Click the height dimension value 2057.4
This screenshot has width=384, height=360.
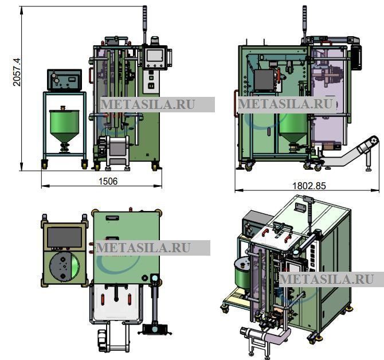[x=17, y=72]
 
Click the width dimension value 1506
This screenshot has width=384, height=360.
[x=108, y=181]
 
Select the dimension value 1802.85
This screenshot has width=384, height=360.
[x=309, y=186]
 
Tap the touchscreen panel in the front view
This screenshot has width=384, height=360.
[x=155, y=57]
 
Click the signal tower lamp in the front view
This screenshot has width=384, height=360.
[x=145, y=25]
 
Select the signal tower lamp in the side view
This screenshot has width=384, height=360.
[x=304, y=22]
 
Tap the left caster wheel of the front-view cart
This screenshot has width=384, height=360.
[x=45, y=164]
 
